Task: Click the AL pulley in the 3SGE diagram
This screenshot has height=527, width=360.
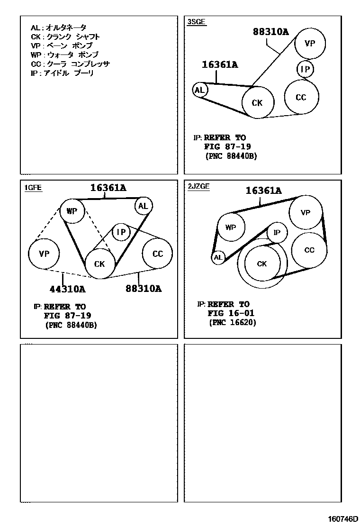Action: coord(200,90)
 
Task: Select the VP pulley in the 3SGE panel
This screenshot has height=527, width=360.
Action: coord(310,43)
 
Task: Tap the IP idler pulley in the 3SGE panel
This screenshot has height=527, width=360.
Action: coord(306,70)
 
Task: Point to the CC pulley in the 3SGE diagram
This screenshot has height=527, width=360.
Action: coord(301,97)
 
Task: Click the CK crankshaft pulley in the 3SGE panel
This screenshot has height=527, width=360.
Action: coord(257,102)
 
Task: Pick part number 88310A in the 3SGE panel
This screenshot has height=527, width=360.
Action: coord(270,32)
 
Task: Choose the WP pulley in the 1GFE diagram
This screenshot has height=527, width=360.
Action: coord(72,211)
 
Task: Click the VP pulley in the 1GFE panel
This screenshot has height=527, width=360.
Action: coord(44,254)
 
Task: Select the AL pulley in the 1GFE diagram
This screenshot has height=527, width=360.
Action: coord(143,206)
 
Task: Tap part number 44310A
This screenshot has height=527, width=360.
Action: coord(67,289)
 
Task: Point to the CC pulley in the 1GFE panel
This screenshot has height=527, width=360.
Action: coord(158,254)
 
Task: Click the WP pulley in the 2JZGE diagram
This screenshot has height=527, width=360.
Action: coord(231,227)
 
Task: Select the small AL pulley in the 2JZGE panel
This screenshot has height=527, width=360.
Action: coord(218,258)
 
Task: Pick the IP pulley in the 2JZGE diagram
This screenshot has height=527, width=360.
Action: coord(277,232)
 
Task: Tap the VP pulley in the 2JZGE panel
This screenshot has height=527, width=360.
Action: coord(306,213)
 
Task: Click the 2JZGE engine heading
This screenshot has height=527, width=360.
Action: coord(198,187)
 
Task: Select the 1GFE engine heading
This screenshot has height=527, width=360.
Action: coord(33,188)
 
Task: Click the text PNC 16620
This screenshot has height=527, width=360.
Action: coord(233,323)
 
